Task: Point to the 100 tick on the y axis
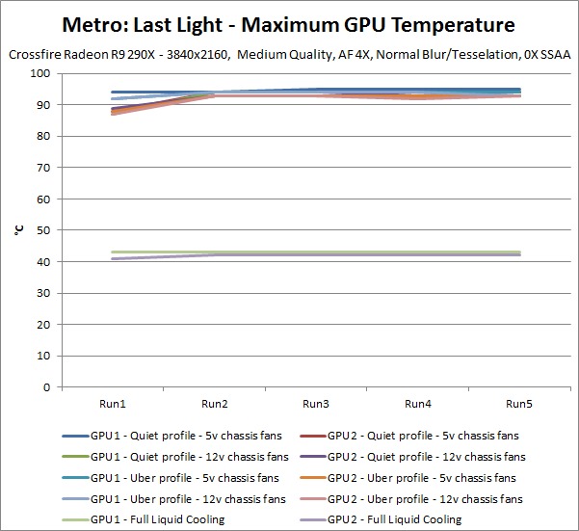[41, 73]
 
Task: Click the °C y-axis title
[18, 230]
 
